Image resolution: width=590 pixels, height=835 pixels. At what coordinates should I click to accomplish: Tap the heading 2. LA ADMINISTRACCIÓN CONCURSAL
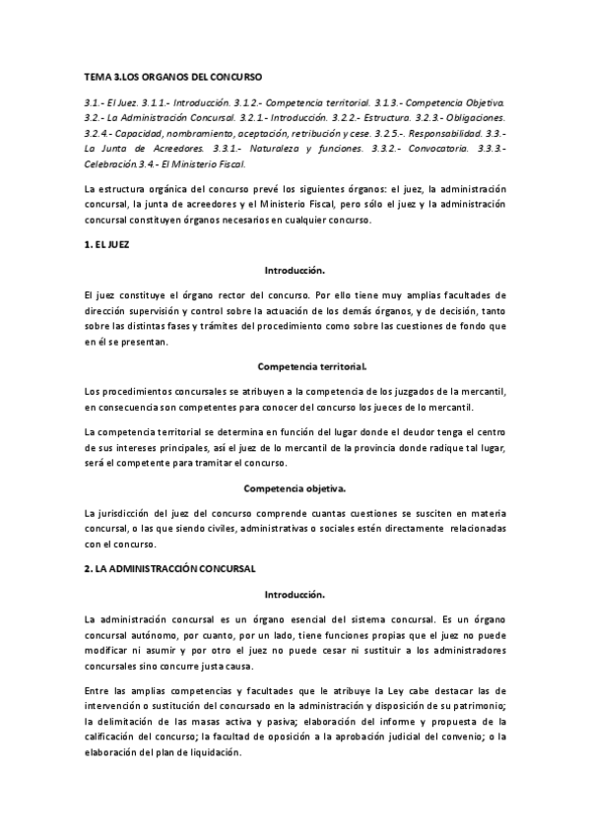[x=170, y=568]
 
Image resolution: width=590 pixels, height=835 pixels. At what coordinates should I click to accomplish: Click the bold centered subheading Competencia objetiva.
[x=295, y=487]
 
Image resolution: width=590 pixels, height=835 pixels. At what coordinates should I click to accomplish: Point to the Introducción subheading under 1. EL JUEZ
[x=295, y=269]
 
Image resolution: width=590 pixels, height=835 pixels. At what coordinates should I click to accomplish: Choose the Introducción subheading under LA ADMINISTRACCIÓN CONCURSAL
[x=295, y=595]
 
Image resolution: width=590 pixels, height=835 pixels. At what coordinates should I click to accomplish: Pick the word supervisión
[x=157, y=311]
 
